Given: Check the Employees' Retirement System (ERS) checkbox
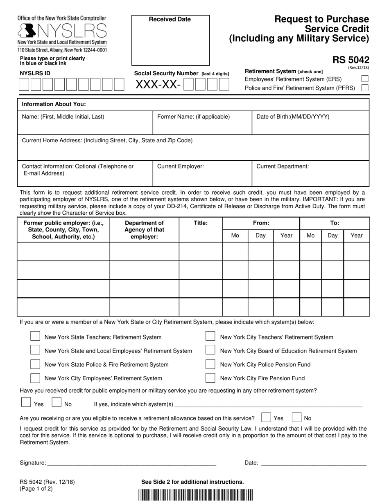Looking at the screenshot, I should point(365,79).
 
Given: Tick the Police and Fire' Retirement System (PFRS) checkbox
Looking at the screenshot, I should point(365,88).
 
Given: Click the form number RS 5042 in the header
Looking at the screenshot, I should point(351,60).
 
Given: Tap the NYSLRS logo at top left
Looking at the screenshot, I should point(61,31).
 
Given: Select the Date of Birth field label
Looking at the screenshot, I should point(292,117).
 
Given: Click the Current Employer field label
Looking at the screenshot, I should point(180,166).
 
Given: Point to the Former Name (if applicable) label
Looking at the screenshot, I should point(193,117).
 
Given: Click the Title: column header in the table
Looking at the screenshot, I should point(201,223).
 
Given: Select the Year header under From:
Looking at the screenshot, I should point(286,236).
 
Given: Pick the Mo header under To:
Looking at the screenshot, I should point(311,236).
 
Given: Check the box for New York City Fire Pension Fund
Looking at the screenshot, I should point(210,378).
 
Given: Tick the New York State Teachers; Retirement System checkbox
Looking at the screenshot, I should point(36,337).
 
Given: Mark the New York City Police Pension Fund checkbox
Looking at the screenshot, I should point(210,364).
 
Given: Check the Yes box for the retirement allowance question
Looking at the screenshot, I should point(266,418).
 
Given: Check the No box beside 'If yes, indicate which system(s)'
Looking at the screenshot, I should point(57,403).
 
